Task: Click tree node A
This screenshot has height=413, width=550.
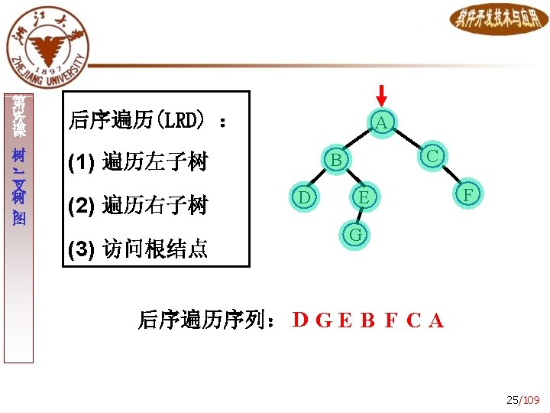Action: point(381,122)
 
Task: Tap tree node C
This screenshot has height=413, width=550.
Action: point(432,155)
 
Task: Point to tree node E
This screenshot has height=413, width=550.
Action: point(364,197)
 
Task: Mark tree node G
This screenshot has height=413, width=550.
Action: point(354,234)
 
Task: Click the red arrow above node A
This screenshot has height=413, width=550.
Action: point(382,93)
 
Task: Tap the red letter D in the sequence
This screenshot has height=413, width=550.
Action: point(301,320)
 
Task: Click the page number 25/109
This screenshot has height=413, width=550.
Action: point(522,400)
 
